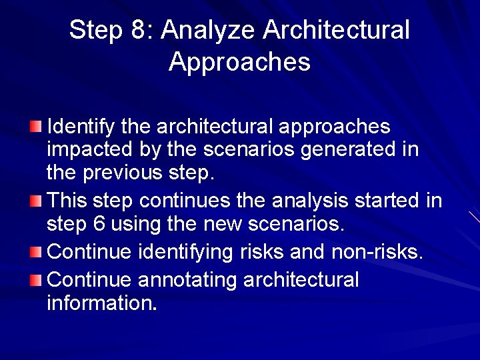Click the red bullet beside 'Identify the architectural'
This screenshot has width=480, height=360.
35,127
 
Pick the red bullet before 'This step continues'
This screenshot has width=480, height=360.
35,200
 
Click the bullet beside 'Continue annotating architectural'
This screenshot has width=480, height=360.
35,280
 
